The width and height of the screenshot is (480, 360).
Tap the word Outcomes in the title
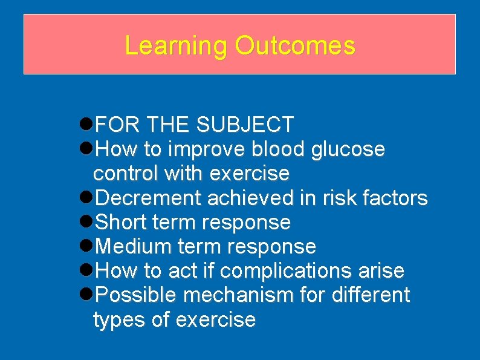[295, 46]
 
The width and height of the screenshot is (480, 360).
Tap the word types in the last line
[119, 320]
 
